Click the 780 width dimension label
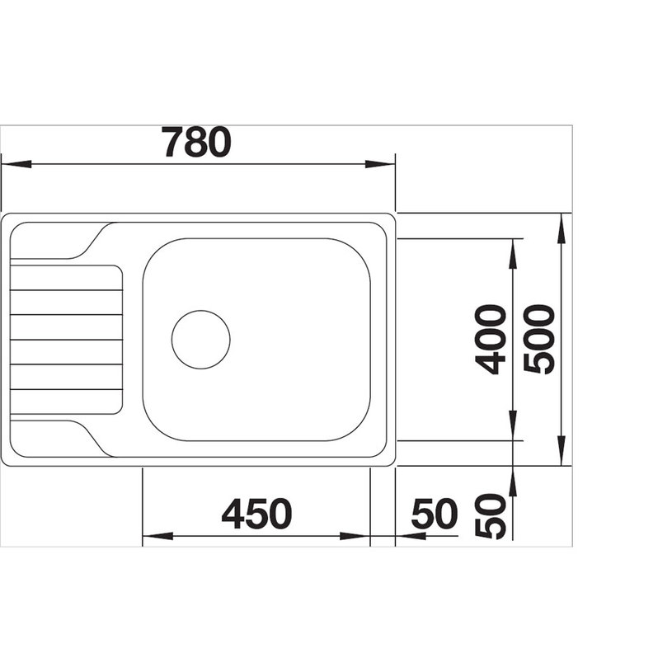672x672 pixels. tap(196, 142)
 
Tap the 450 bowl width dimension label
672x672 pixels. tap(256, 515)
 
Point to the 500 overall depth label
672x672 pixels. tap(541, 339)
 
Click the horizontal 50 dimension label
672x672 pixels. tap(435, 515)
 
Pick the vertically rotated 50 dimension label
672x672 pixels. tap(492, 516)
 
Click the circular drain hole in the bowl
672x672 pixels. tap(200, 340)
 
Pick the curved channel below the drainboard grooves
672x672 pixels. tap(82, 435)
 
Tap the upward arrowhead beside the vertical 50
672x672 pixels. tap(513, 481)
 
